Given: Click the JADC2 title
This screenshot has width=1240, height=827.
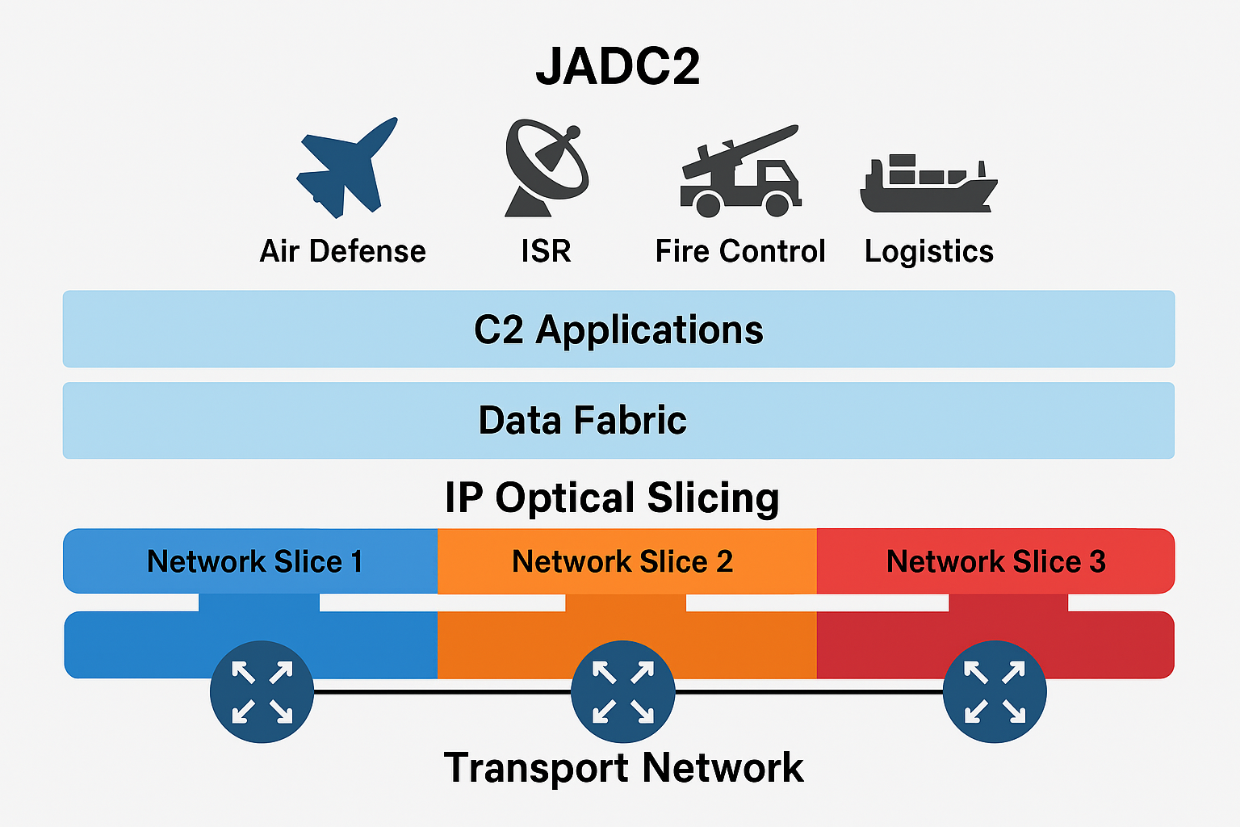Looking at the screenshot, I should [x=618, y=66].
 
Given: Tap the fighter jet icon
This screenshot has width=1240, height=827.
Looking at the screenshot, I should [x=345, y=168].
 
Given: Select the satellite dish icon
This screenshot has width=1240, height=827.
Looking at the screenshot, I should [x=546, y=168].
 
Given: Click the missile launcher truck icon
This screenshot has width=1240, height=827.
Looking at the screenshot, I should [x=739, y=171].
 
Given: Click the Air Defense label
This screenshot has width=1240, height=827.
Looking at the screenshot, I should [x=342, y=251].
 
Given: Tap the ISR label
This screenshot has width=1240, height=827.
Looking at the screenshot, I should [x=546, y=251].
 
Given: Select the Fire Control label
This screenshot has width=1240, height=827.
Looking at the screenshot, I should [x=740, y=251].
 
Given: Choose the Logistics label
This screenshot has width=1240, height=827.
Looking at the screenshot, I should [x=929, y=252].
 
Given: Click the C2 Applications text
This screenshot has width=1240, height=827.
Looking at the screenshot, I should [x=618, y=330].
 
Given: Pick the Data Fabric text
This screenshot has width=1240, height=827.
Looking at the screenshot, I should [x=582, y=421].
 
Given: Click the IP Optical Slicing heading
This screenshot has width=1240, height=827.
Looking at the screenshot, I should [x=612, y=497].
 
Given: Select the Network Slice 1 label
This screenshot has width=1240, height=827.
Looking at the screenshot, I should [x=254, y=561].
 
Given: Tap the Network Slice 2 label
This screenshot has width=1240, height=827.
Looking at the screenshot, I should [x=622, y=561].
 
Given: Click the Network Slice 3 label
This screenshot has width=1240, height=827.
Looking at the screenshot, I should [x=995, y=561].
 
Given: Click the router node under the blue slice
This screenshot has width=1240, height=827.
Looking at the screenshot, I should [x=262, y=692].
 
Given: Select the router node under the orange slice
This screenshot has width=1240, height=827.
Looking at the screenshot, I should [x=622, y=692].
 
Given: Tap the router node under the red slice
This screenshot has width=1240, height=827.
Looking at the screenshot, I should [x=995, y=692].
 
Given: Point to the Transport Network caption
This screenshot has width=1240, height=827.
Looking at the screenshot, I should [x=623, y=767].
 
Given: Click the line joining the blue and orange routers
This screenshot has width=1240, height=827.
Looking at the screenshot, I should [x=442, y=692].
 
